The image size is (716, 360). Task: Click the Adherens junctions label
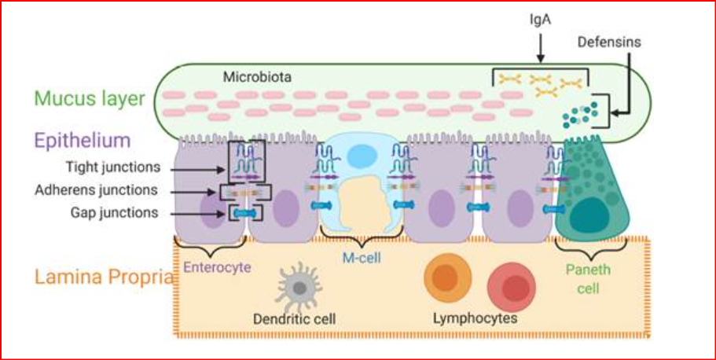coord(107,190)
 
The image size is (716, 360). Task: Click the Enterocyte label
coord(217,268)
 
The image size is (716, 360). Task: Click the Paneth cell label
coord(588,278)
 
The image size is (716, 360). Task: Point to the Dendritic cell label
coord(295,319)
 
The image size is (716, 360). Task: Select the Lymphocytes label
coord(475,319)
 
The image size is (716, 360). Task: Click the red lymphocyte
coord(510,286)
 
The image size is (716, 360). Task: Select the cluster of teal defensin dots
coord(578,114)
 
